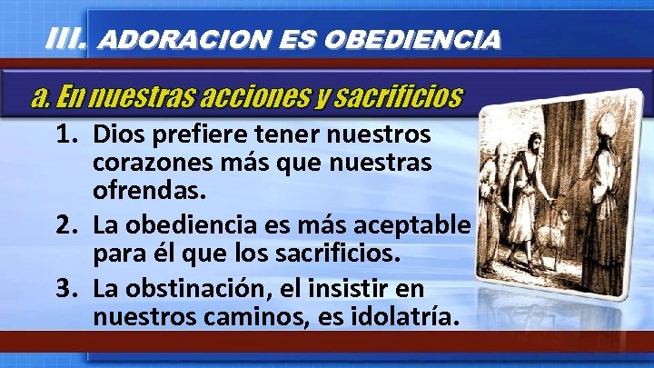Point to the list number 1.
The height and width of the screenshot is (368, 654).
(x=67, y=135)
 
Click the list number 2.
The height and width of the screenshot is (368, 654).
(x=67, y=224)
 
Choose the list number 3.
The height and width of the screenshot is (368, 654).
(x=67, y=290)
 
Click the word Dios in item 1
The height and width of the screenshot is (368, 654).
(x=117, y=135)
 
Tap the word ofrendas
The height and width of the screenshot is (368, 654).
(x=148, y=194)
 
